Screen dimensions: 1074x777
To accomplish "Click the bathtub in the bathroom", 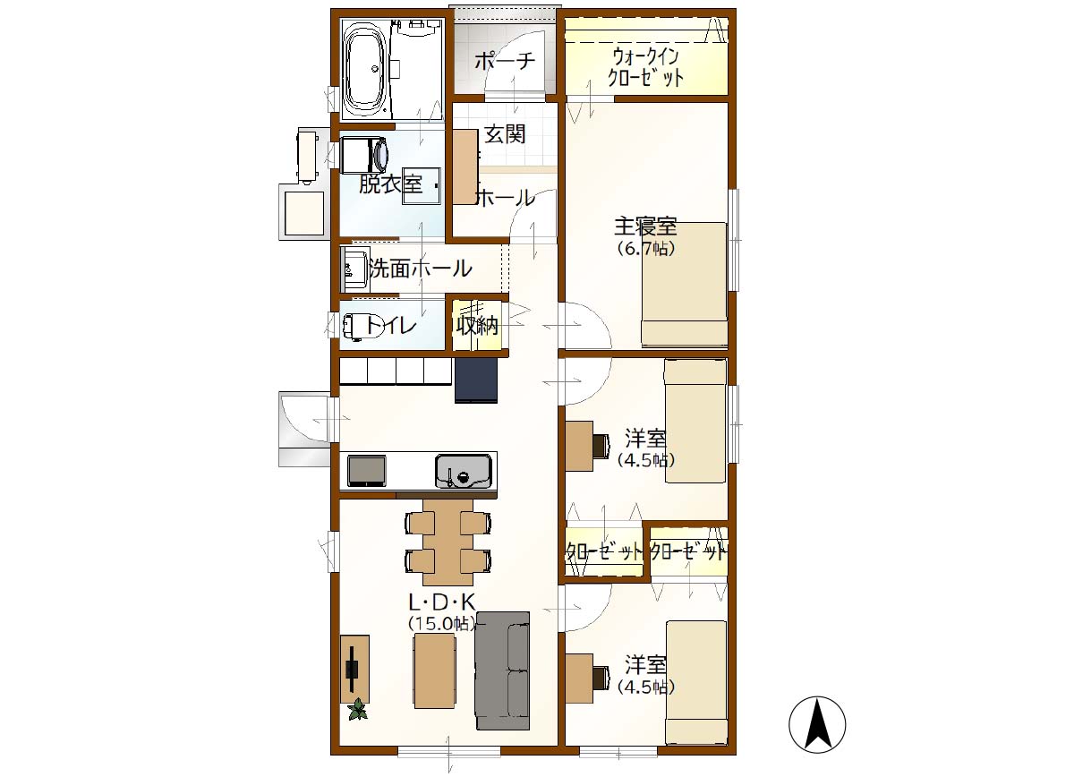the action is tap(367, 69).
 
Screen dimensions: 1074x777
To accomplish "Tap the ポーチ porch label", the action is tap(506, 62).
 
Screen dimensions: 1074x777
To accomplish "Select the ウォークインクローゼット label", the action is tap(645, 68).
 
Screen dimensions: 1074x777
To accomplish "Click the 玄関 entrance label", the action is tap(505, 133).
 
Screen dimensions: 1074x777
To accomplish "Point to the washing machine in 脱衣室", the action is tap(364, 156).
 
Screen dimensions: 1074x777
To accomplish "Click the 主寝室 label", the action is tap(645, 226).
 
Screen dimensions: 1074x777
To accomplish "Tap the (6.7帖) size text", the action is tap(646, 249).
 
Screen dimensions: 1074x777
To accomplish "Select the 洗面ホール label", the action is tap(421, 269).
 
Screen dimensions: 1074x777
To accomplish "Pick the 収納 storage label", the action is tap(477, 326).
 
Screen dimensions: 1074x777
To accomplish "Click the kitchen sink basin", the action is tap(464, 471).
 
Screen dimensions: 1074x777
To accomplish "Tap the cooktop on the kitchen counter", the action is tap(367, 471).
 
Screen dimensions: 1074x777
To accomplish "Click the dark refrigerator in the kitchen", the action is tap(476, 380).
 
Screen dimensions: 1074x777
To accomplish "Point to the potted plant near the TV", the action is tap(358, 709).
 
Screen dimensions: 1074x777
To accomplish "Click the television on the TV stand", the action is tap(353, 669).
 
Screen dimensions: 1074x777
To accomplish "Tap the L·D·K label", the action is tap(441, 602).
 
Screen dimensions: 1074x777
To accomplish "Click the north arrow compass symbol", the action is tap(817, 724).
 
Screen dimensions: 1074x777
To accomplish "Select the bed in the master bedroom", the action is tap(685, 284).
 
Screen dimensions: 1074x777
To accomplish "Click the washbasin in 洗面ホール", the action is tap(354, 269).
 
